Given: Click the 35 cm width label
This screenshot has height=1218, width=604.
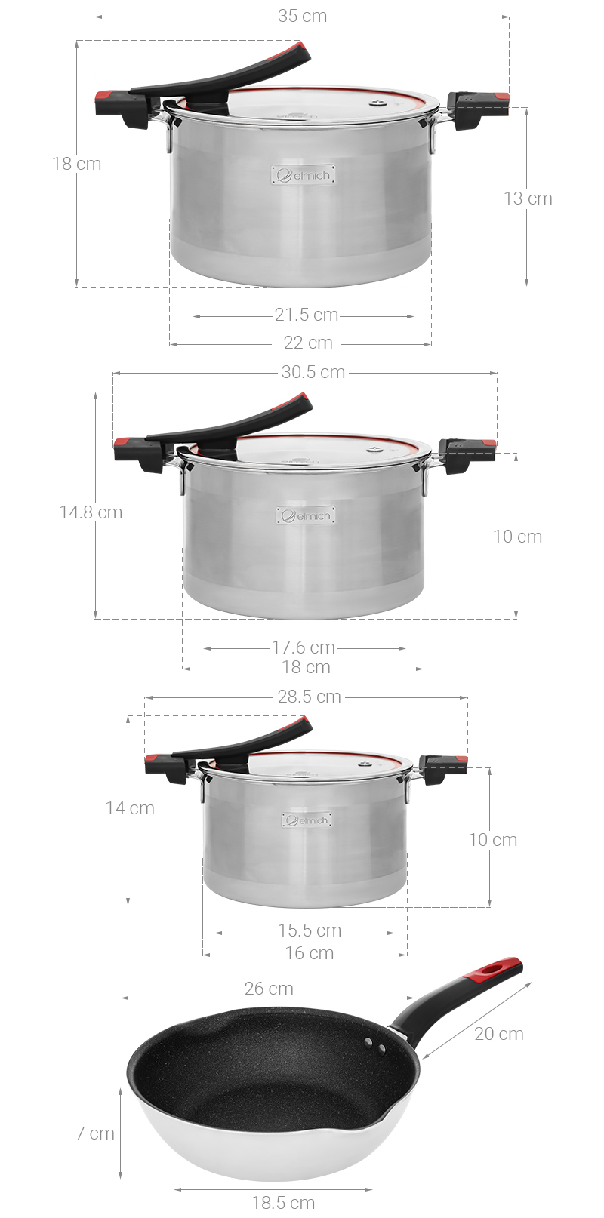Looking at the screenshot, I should point(302,16).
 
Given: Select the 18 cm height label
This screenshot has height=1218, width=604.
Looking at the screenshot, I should point(76,164).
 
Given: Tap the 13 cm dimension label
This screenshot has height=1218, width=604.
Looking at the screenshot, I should point(528,198).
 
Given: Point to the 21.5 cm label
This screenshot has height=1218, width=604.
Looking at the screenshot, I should point(306,315).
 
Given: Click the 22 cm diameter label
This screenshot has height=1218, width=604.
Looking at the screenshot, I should point(308,343).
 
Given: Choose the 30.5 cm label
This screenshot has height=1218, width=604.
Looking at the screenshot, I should point(313,372).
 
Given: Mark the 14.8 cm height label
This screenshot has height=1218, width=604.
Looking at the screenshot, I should point(91,512).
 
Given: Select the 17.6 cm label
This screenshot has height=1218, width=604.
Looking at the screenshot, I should point(304,647).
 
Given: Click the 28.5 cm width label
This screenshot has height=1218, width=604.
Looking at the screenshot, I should point(309,697).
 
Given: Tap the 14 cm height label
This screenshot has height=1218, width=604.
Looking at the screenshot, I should point(130,808).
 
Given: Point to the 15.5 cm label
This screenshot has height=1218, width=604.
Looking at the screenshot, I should point(310,930).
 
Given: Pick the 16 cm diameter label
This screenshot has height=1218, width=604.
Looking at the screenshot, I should point(309,953).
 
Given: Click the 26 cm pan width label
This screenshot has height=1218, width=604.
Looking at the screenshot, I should point(269,989).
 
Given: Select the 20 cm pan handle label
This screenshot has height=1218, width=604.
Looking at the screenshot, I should point(498,1034).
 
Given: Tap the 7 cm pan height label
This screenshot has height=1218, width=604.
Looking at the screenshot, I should point(94,1133).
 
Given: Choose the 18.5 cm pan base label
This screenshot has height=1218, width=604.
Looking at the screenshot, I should point(283,1203).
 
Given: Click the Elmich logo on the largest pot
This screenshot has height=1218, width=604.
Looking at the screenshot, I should point(304,175).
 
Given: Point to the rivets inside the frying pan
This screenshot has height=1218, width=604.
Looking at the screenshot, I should point(375,1046).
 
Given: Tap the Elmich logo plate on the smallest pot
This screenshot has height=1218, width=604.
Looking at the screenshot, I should point(307,820).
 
